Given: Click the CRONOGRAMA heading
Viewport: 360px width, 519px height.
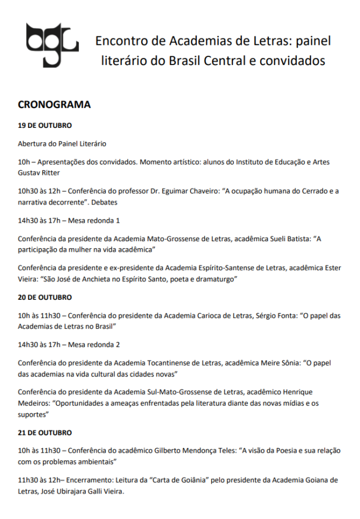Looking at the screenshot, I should point(54,105).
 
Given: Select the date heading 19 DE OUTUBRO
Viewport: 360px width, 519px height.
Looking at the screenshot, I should point(45,126).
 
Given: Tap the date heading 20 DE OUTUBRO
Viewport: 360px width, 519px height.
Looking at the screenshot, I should point(45,297).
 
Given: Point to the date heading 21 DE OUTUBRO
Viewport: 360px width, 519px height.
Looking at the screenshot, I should point(45,433).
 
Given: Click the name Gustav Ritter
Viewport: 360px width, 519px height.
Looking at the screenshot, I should point(38,173).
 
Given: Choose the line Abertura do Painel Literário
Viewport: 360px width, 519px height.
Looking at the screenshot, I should point(62,144).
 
